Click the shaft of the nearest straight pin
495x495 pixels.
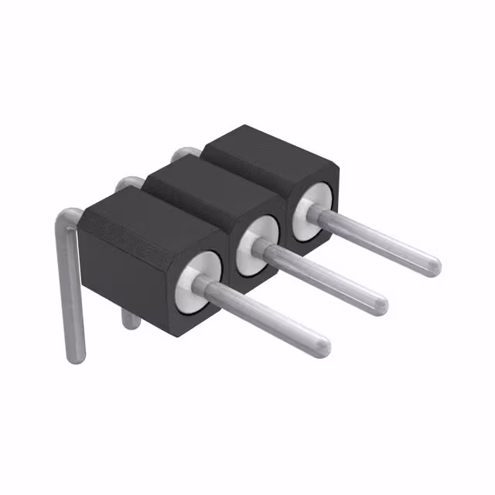(263, 316)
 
